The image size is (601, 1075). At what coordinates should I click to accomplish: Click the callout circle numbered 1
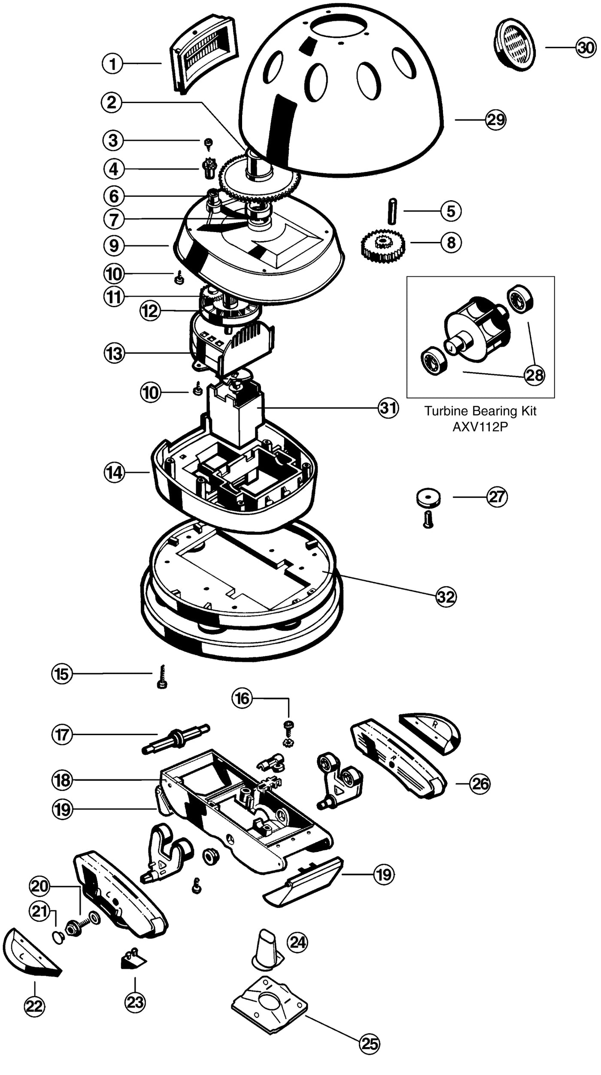pyautogui.click(x=112, y=64)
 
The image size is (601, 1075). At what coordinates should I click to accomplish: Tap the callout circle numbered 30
pyautogui.click(x=586, y=48)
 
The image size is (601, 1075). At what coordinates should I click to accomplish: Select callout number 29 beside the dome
pyautogui.click(x=496, y=119)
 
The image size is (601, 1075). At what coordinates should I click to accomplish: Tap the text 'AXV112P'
pyautogui.click(x=480, y=427)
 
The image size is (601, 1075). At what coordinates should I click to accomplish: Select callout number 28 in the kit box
pyautogui.click(x=534, y=375)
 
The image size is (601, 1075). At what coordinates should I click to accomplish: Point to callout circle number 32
pyautogui.click(x=446, y=597)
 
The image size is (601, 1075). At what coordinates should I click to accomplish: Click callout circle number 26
pyautogui.click(x=480, y=784)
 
